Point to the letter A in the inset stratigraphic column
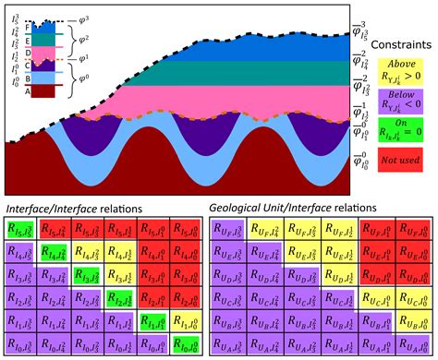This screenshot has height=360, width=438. [28, 91]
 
